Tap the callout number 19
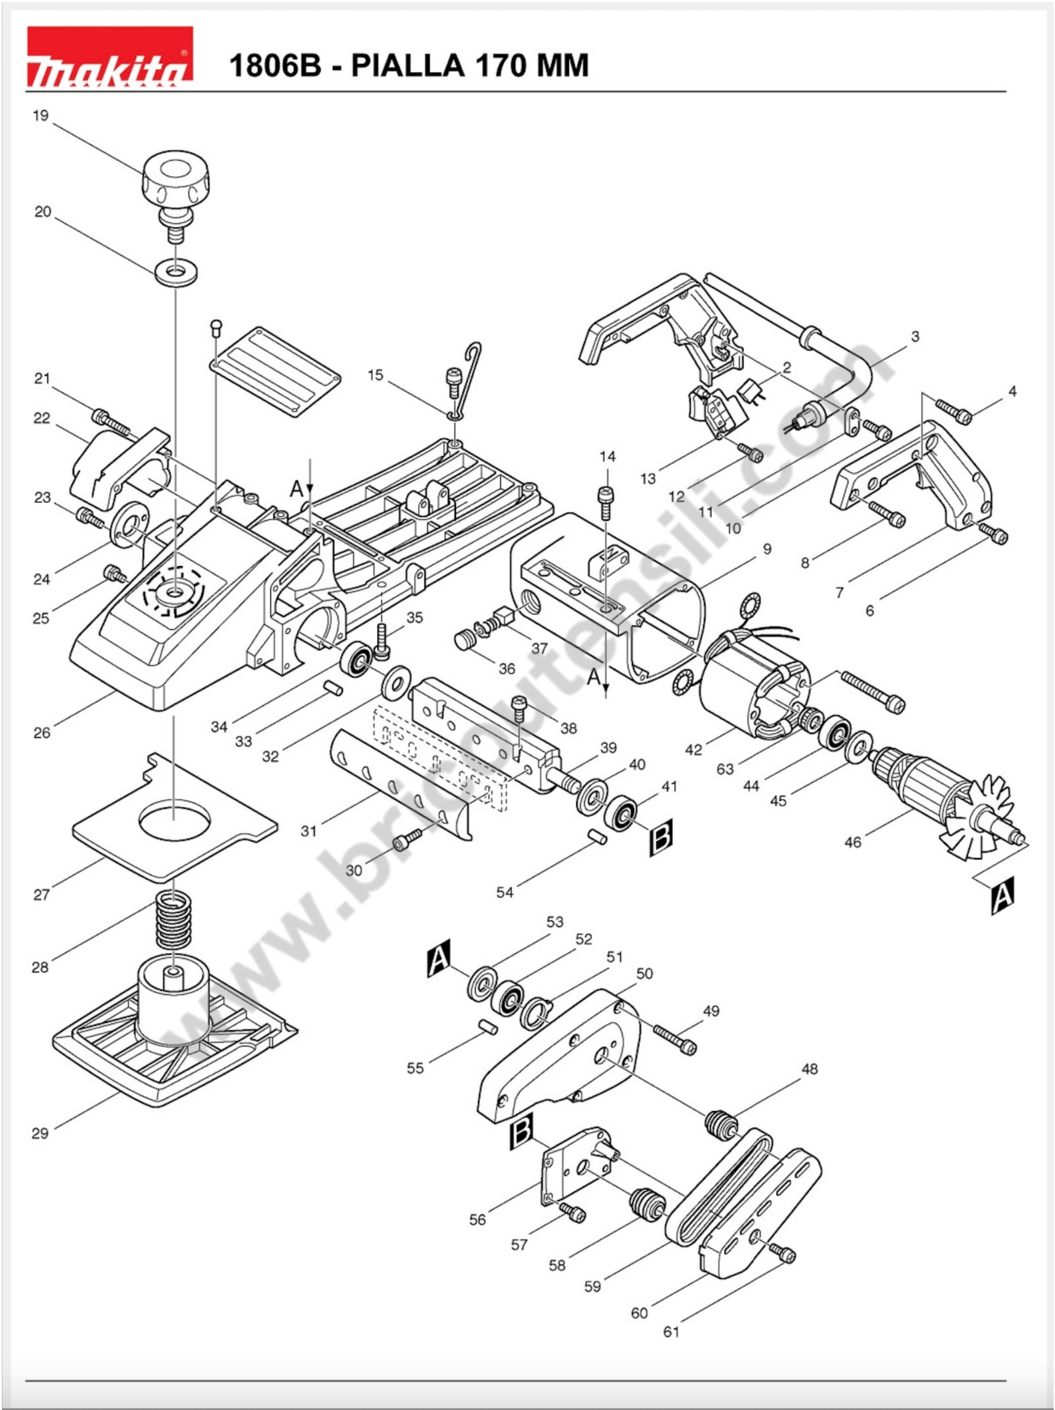point(41,116)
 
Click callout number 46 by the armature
point(852,842)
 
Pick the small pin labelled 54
point(597,836)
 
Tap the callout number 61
point(671,1332)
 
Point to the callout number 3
point(915,336)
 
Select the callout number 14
point(608,456)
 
